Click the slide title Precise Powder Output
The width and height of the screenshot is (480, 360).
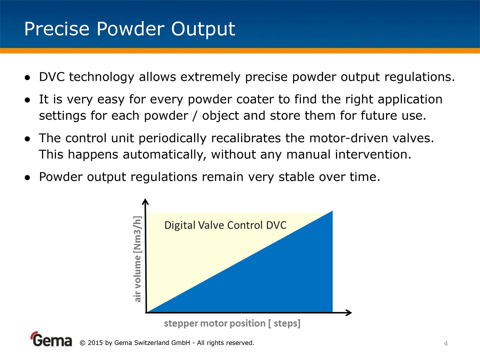pos(130,29)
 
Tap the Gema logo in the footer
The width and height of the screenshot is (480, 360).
pos(51,339)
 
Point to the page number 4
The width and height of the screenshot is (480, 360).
pos(446,344)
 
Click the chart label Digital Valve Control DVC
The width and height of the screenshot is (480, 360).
pos(226,225)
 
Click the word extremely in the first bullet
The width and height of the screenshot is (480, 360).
pos(210,77)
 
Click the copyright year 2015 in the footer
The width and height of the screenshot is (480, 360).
pos(95,343)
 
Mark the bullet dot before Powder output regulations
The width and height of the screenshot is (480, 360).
pos(27,178)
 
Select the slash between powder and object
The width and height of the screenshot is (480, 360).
pos(195,116)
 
